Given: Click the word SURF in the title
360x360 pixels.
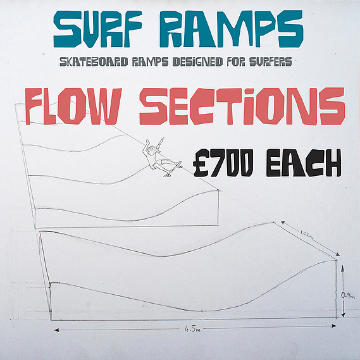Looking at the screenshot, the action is (98, 28).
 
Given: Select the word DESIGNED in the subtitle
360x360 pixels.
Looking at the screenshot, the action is (197, 62).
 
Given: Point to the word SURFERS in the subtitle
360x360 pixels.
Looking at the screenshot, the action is (271, 62).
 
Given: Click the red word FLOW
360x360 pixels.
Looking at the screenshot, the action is (73, 106).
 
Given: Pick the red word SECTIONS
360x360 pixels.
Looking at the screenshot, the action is (242, 106).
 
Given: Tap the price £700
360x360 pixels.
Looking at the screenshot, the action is (223, 163).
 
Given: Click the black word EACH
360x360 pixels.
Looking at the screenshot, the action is (304, 163).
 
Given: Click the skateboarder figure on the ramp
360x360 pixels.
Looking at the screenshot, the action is (161, 158).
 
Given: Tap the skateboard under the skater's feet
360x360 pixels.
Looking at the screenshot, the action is (173, 170).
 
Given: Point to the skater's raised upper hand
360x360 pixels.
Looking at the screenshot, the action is (163, 139).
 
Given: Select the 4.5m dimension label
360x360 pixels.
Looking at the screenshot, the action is (192, 329).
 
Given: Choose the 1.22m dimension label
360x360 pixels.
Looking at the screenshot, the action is (307, 235).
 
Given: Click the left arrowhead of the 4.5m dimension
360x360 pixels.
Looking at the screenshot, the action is (57, 330).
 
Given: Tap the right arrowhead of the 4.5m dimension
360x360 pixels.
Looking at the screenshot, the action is (333, 326).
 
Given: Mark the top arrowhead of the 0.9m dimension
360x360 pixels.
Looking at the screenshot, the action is (343, 267).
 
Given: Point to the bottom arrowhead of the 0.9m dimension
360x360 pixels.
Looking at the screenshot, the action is (343, 314).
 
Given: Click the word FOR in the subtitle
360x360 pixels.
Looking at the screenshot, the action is (236, 62).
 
